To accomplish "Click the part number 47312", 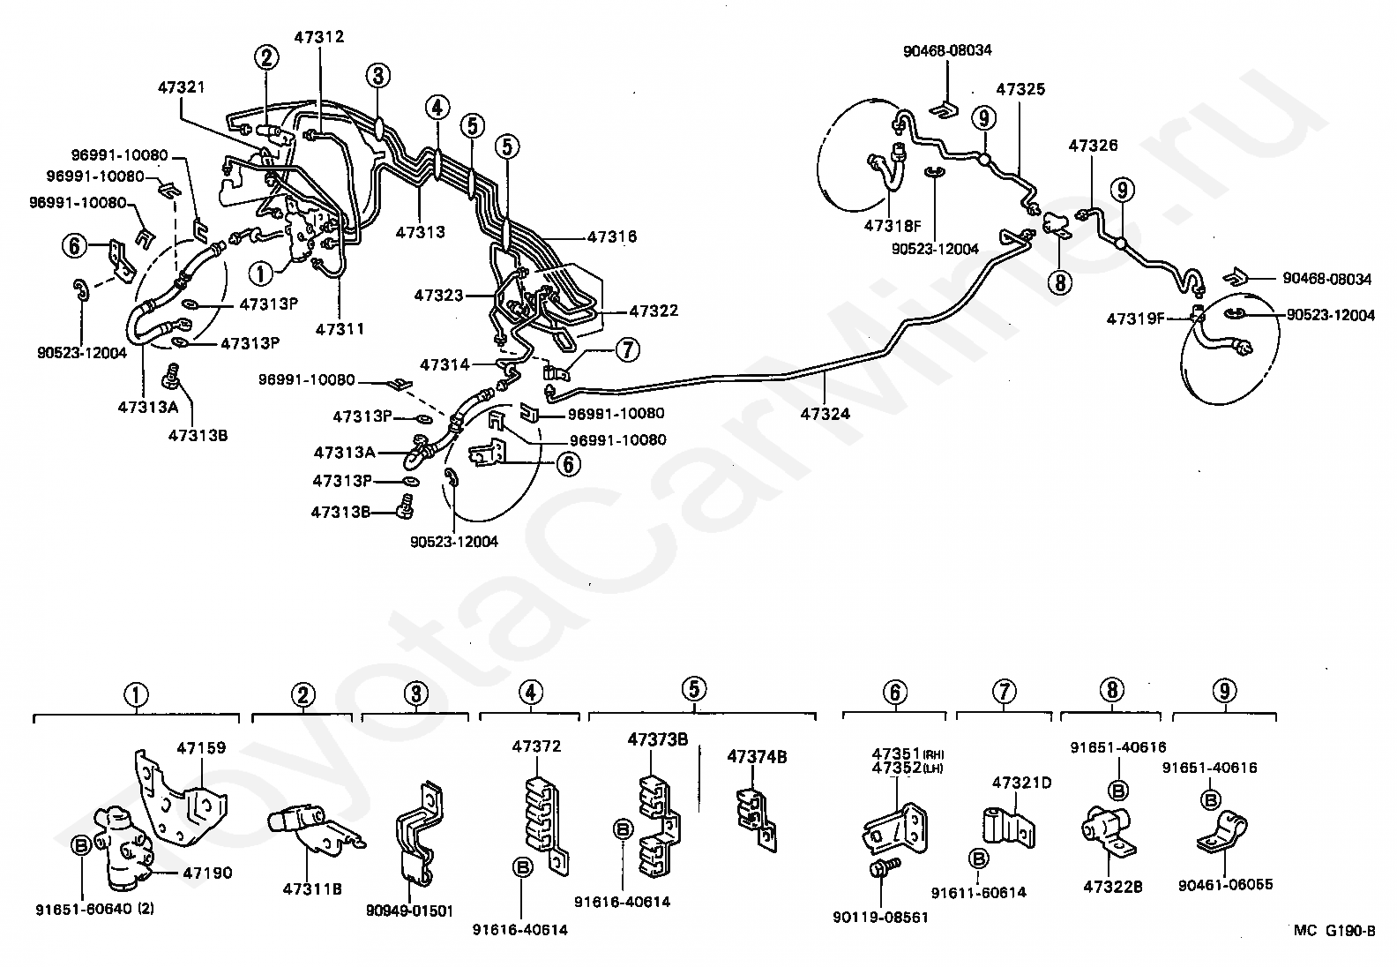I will click(x=318, y=37).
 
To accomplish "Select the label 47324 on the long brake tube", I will click(x=825, y=412).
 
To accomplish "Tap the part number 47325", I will click(x=1020, y=89).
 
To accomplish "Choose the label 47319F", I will click(x=1135, y=318).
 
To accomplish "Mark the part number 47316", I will click(x=611, y=236).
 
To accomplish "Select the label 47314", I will click(x=446, y=364).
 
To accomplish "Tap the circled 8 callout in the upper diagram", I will click(x=1058, y=281).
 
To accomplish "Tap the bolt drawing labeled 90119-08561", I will click(x=885, y=868).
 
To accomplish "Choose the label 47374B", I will click(x=757, y=756).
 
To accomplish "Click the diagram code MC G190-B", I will click(x=1333, y=930).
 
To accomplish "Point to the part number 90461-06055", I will click(x=1225, y=884).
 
